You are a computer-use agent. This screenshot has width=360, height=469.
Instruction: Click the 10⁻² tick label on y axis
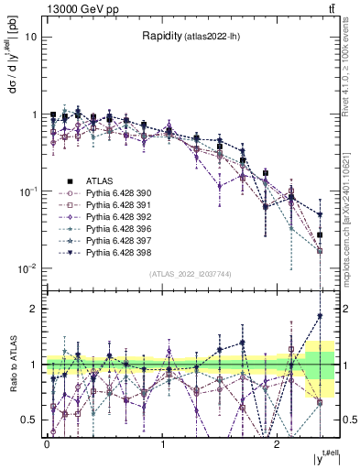(x=29, y=268)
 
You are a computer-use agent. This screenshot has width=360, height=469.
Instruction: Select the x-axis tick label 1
(x=162, y=444)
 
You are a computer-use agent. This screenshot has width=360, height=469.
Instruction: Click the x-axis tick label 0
(x=47, y=444)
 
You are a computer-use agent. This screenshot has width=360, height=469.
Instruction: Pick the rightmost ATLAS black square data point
(x=320, y=235)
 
